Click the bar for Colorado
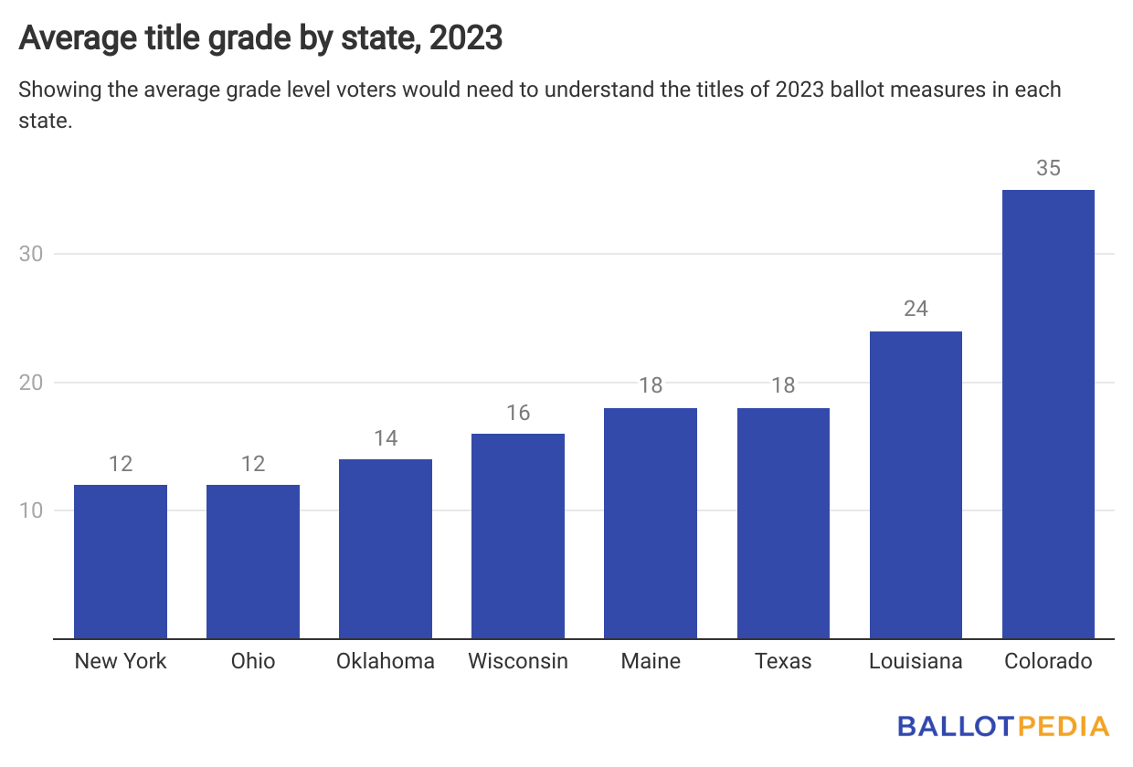[1048, 414]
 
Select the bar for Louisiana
[916, 485]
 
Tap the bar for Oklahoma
[386, 549]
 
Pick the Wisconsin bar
[518, 536]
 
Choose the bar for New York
[121, 562]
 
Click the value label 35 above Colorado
[1048, 169]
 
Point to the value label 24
[916, 310]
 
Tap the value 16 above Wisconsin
[518, 413]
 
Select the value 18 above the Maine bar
[651, 386]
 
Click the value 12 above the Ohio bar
[253, 464]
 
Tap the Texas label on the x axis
[783, 661]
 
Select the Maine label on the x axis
[651, 661]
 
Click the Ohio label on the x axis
[253, 661]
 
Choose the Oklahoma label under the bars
[386, 661]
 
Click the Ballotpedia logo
[1003, 727]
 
